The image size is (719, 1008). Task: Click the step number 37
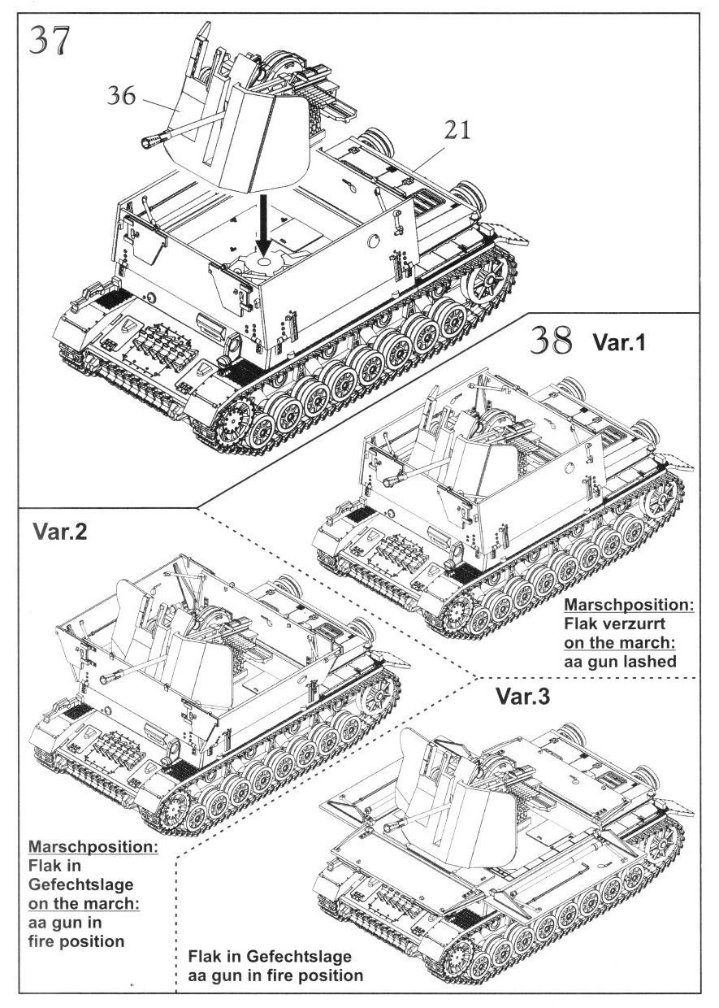tap(50, 41)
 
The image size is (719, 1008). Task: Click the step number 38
tap(552, 341)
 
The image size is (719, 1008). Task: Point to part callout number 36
tap(121, 95)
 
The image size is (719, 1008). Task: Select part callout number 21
tap(457, 130)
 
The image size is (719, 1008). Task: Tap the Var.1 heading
tap(619, 342)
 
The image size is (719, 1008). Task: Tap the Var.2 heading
tap(60, 532)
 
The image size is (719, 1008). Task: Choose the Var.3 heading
tap(522, 696)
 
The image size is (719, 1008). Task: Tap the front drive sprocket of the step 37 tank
tap(232, 422)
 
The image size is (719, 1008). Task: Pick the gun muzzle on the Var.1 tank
tap(390, 481)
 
